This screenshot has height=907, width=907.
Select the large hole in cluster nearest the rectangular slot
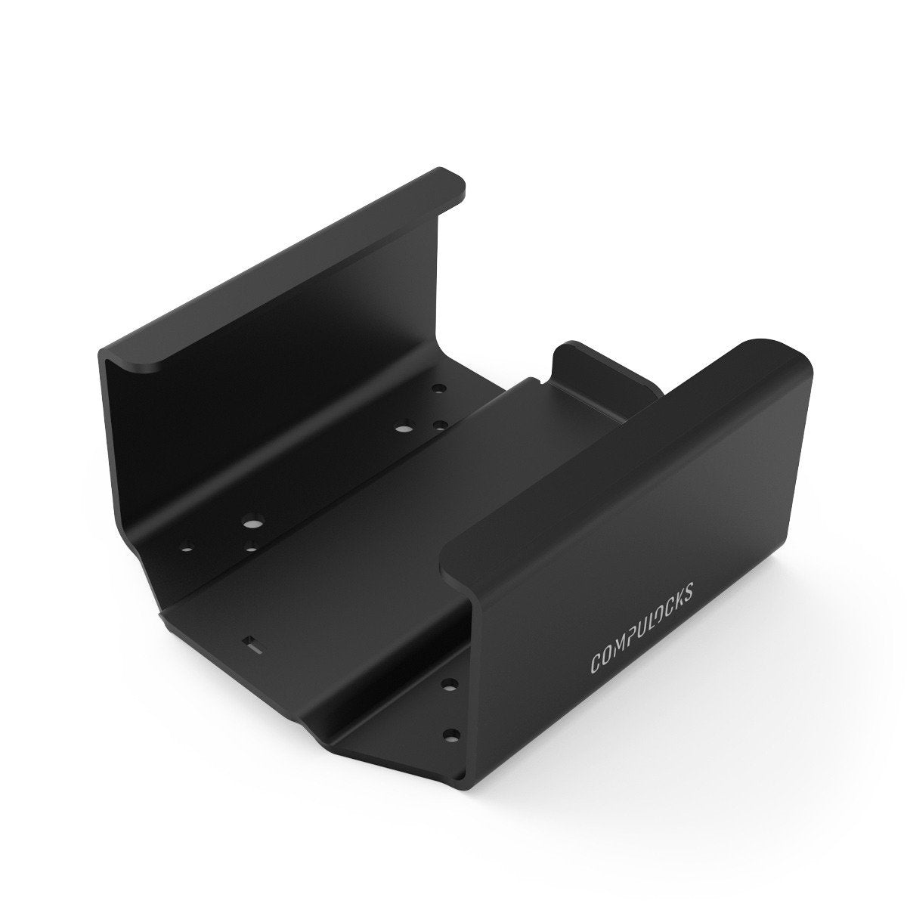pyautogui.click(x=250, y=522)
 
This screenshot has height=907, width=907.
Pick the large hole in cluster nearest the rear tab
pyautogui.click(x=401, y=427)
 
